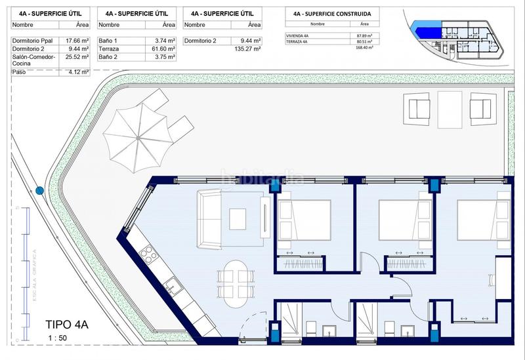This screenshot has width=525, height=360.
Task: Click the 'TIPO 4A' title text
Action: pyautogui.click(x=66, y=324)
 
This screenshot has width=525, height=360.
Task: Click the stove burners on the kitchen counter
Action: pyautogui.click(x=148, y=253)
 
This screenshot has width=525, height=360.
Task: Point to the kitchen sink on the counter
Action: pyautogui.click(x=172, y=287)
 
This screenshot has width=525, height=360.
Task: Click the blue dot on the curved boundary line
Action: pyautogui.click(x=40, y=191)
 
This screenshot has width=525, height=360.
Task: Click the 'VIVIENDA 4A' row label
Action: pyautogui.click(x=298, y=35)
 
